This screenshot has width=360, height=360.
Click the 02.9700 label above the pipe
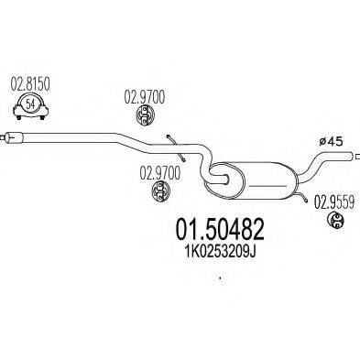(x=142, y=94)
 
